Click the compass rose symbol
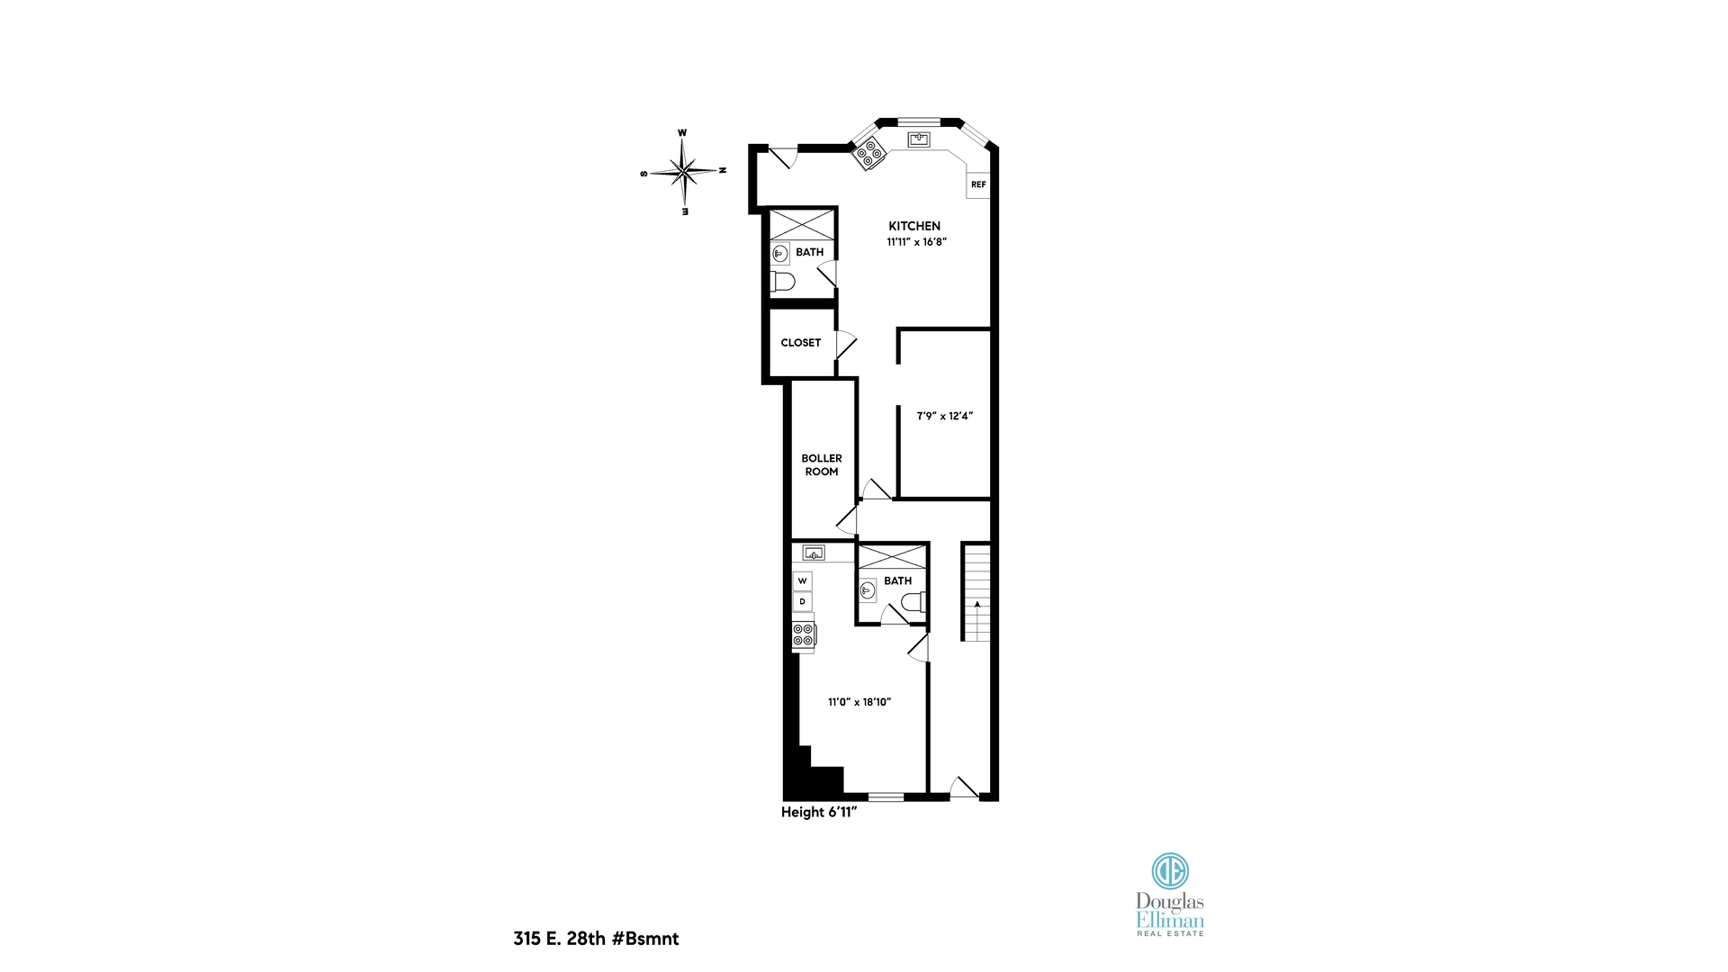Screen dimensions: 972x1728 click(x=684, y=170)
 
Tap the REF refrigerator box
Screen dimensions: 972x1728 click(x=978, y=184)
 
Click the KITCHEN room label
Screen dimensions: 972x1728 click(x=914, y=226)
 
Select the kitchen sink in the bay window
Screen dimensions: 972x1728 click(x=919, y=139)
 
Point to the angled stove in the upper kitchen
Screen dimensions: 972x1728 click(x=869, y=153)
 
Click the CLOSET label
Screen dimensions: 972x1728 click(x=800, y=343)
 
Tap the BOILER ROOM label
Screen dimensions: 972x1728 click(x=821, y=464)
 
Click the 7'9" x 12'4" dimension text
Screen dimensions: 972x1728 click(x=944, y=416)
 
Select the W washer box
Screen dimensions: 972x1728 click(x=802, y=581)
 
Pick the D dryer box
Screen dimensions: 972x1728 click(x=802, y=601)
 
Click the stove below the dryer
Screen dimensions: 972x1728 click(x=804, y=634)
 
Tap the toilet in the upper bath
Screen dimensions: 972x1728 click(x=783, y=282)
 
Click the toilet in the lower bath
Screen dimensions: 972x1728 click(x=914, y=602)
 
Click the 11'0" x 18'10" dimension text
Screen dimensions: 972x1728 click(x=859, y=702)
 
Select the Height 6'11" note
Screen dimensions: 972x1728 click(x=818, y=812)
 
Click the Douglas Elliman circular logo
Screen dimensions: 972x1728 click(x=1170, y=870)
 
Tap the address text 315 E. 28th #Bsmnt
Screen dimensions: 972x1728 click(x=596, y=939)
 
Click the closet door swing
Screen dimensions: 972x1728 click(x=846, y=345)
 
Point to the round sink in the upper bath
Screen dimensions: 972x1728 click(x=780, y=255)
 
